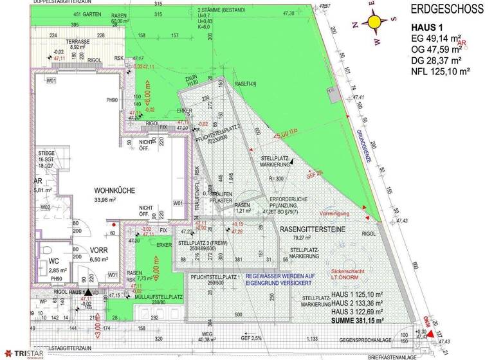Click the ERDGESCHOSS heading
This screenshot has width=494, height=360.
point(448,10)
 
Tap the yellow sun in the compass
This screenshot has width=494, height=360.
point(374,22)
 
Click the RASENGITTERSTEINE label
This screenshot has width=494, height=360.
point(311,228)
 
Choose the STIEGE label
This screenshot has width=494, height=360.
point(46,153)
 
